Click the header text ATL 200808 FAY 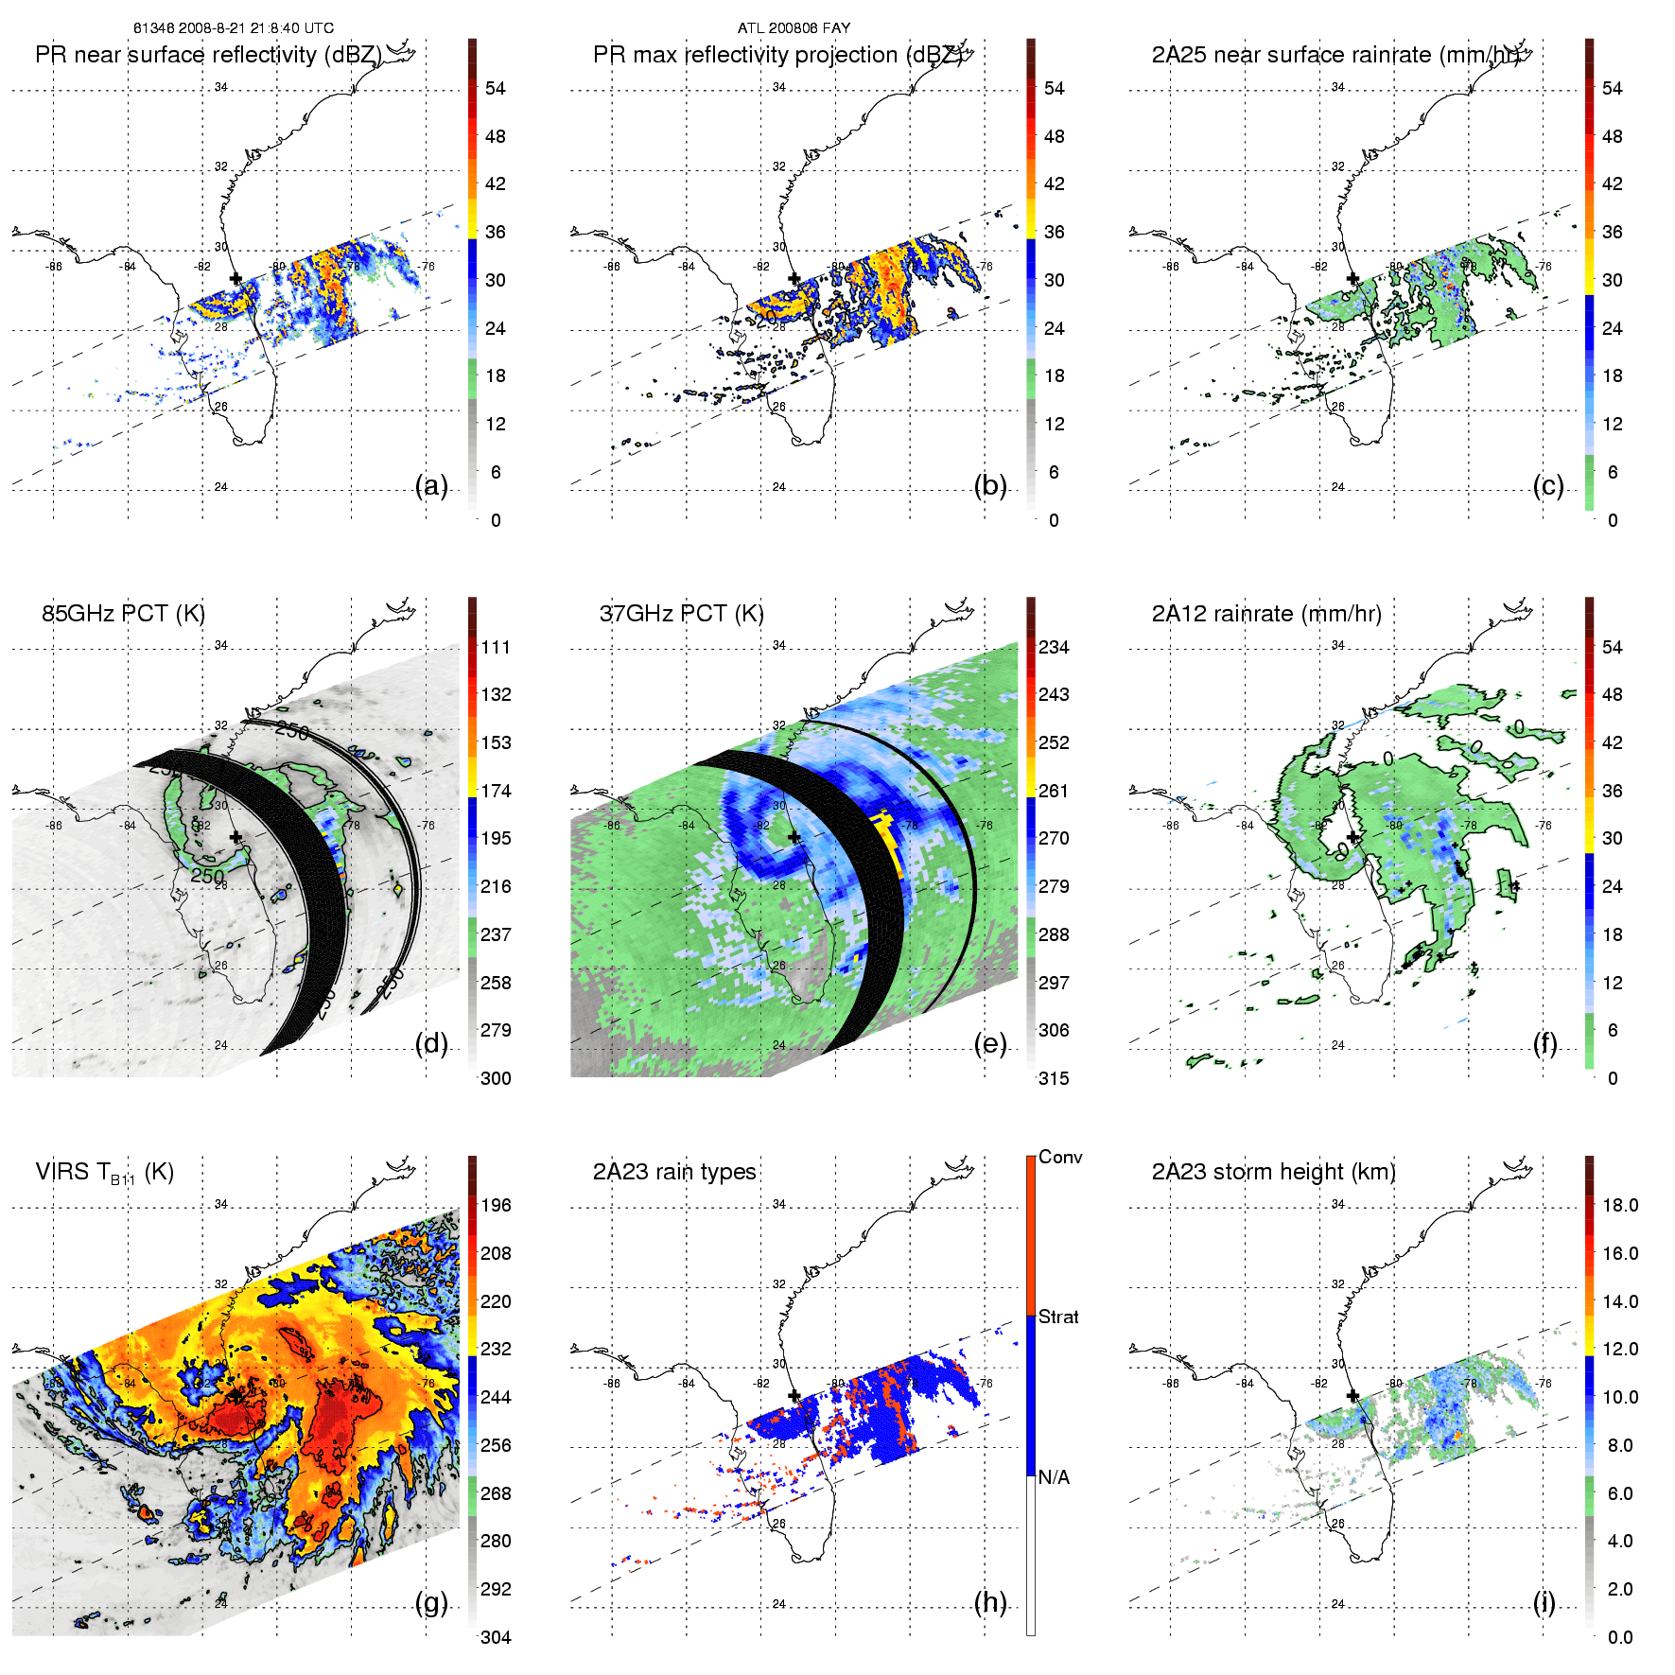click(x=794, y=28)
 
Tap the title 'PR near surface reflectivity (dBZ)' click(x=208, y=55)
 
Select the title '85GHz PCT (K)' click(x=123, y=614)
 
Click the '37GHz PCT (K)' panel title click(x=681, y=614)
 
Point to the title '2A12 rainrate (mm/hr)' click(x=1266, y=614)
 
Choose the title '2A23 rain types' click(x=674, y=1172)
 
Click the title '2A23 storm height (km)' click(x=1273, y=1172)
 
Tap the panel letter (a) click(x=431, y=486)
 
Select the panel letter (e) click(x=990, y=1044)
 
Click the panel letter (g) click(x=431, y=1602)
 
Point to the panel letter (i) click(x=1544, y=1602)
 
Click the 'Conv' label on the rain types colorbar click(x=1060, y=1158)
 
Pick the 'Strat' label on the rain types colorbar click(x=1058, y=1317)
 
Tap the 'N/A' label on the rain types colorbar click(x=1054, y=1477)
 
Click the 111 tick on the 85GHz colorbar click(x=496, y=648)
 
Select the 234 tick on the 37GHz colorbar click(x=1054, y=648)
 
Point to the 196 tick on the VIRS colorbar click(x=496, y=1206)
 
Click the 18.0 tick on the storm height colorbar click(x=1620, y=1206)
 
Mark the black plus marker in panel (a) click(x=236, y=279)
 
